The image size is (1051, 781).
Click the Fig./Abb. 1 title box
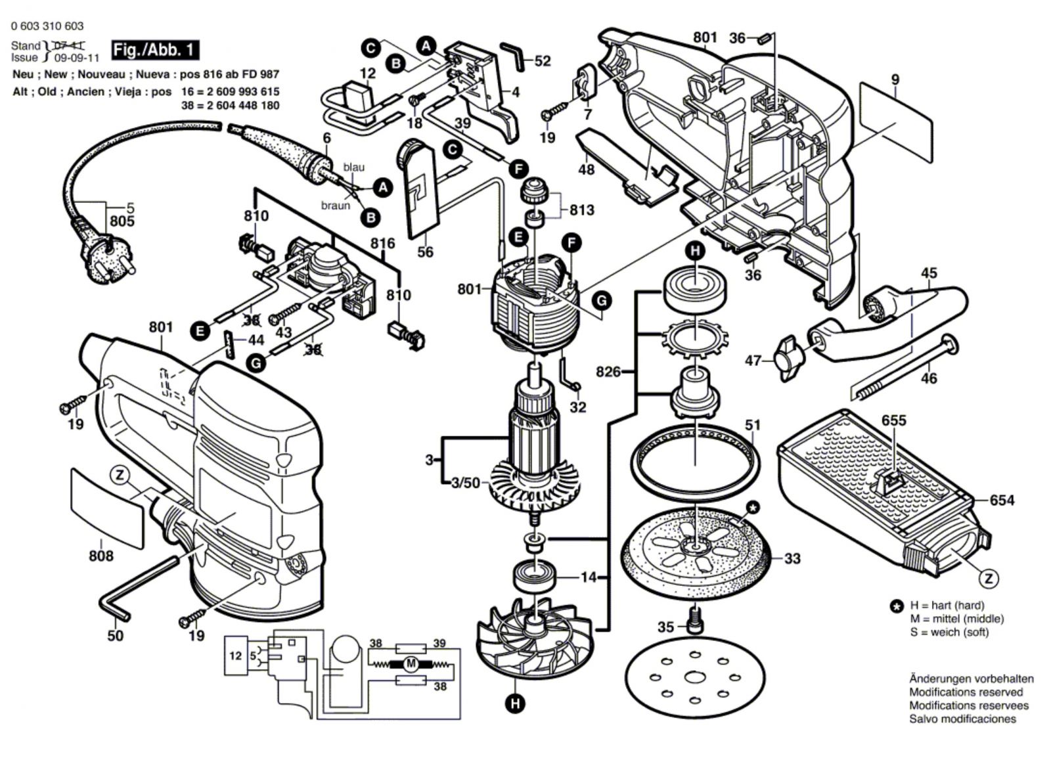pyautogui.click(x=155, y=50)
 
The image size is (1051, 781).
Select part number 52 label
pyautogui.click(x=543, y=61)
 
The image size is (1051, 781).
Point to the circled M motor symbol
pyautogui.click(x=411, y=664)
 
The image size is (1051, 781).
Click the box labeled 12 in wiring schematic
pyautogui.click(x=236, y=656)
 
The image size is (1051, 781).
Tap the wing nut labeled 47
pyautogui.click(x=790, y=359)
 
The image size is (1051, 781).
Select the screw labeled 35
pyautogui.click(x=695, y=621)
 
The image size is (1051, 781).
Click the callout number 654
pyautogui.click(x=1002, y=501)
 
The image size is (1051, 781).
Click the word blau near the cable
pyautogui.click(x=354, y=167)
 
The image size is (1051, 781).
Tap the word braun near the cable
pyautogui.click(x=336, y=205)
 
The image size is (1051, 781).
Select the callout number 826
pyautogui.click(x=608, y=372)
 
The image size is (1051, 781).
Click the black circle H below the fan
pyautogui.click(x=516, y=703)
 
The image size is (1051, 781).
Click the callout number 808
pyautogui.click(x=101, y=556)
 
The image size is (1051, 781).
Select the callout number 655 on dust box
pyautogui.click(x=894, y=420)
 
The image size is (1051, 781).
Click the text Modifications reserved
pyautogui.click(x=966, y=692)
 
